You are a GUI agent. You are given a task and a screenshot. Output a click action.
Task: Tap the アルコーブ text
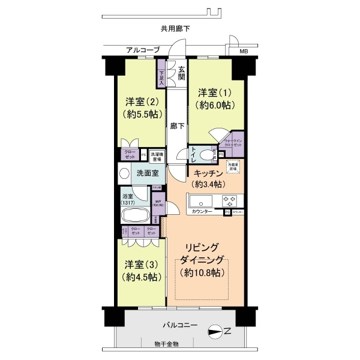[143, 50]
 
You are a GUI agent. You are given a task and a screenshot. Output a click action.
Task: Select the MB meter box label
[243, 51]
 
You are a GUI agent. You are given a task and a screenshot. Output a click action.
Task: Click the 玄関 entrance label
[181, 72]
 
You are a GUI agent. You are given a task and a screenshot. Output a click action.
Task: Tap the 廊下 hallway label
[176, 127]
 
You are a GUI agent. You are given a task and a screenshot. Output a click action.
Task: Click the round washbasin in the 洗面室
[124, 175]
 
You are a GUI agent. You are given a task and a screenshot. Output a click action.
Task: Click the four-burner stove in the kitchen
[230, 200]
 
